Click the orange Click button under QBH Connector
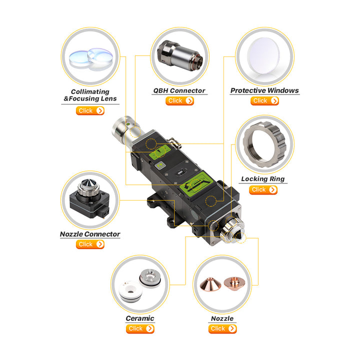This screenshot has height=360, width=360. click(180, 101)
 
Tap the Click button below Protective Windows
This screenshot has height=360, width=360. click(264, 101)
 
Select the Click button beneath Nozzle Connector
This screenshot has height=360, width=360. click(90, 244)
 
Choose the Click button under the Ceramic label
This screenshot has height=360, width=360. click(140, 329)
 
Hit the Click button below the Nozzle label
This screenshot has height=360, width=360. click(222, 329)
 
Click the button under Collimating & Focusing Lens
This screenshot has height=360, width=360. click(90, 110)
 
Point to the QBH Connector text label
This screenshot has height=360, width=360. click(179, 90)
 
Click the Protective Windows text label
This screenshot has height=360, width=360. click(264, 90)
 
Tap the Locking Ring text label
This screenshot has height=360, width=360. click(263, 179)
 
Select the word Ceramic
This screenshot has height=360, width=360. click(140, 318)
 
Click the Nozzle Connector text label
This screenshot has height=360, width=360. click(90, 234)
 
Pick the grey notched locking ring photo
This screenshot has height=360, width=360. click(264, 144)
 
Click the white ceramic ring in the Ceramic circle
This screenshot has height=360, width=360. click(130, 291)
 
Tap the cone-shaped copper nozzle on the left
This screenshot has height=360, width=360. click(210, 284)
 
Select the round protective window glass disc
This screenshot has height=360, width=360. click(263, 56)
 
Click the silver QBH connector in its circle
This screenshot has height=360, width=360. click(180, 55)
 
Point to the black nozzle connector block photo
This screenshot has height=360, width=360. click(89, 199)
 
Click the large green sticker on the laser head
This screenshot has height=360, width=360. click(196, 183)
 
